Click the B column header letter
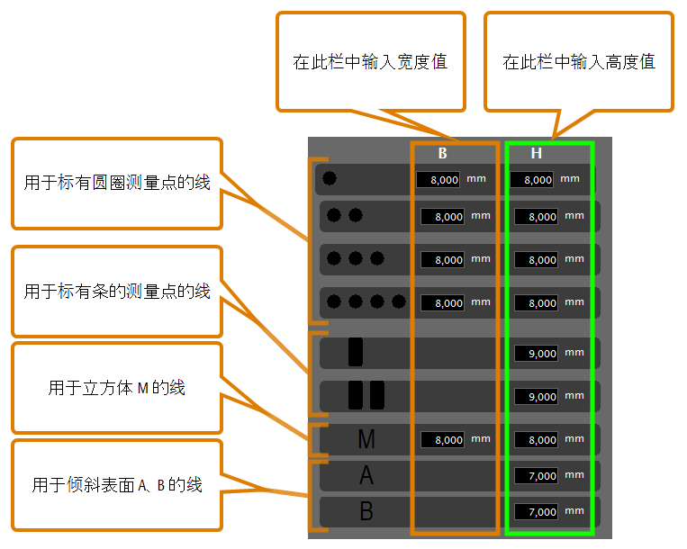[x=442, y=153]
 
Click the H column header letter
[x=537, y=153]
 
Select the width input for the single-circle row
[x=438, y=179]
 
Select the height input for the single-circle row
[x=531, y=179]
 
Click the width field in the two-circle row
[x=442, y=216]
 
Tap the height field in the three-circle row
[x=536, y=259]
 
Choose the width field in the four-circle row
[x=442, y=303]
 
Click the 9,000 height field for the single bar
[x=536, y=354]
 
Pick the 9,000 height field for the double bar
[x=536, y=397]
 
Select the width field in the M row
[x=442, y=439]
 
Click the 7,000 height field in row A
[x=536, y=475]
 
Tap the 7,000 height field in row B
[x=536, y=511]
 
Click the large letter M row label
[x=366, y=439]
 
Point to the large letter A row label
[x=366, y=475]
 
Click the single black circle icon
[x=330, y=178]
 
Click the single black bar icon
[x=356, y=352]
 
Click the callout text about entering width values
[x=370, y=62]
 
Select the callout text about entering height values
[x=579, y=62]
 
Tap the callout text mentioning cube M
[x=116, y=388]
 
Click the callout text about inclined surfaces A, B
[x=116, y=485]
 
